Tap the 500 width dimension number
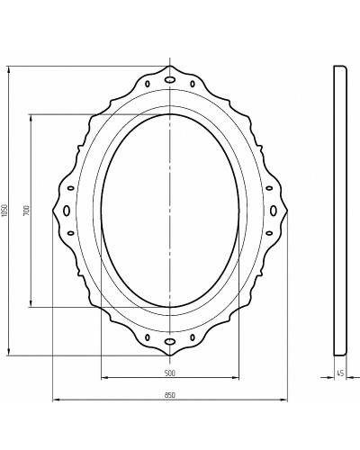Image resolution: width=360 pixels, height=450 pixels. click(x=169, y=373)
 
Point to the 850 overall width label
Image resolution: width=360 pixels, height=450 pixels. click(x=169, y=394)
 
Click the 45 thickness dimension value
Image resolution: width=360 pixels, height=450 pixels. click(x=340, y=373)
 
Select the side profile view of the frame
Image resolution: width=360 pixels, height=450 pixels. click(x=340, y=211)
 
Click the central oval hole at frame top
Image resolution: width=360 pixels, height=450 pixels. click(x=169, y=79)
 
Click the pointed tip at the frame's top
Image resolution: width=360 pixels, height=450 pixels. click(x=169, y=67)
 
